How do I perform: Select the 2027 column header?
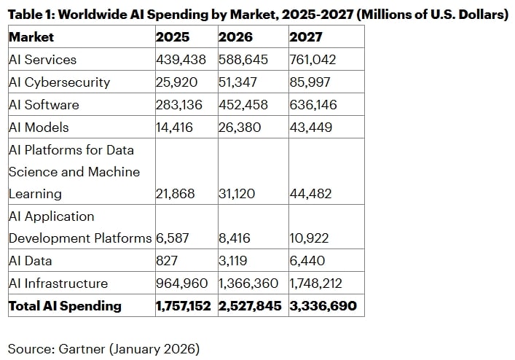point(305,37)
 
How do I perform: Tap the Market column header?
point(31,37)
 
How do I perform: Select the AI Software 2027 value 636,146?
point(313,105)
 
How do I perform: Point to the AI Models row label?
point(39,127)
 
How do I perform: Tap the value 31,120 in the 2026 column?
point(237,194)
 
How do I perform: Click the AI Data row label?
point(30,261)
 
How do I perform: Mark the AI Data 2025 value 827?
point(167,261)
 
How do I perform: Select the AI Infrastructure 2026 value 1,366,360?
point(251,283)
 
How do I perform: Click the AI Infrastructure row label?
point(58,283)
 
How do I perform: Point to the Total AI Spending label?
point(65,306)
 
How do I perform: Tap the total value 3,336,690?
point(323,306)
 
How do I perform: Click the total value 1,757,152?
point(185,306)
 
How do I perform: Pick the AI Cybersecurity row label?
point(59,82)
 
